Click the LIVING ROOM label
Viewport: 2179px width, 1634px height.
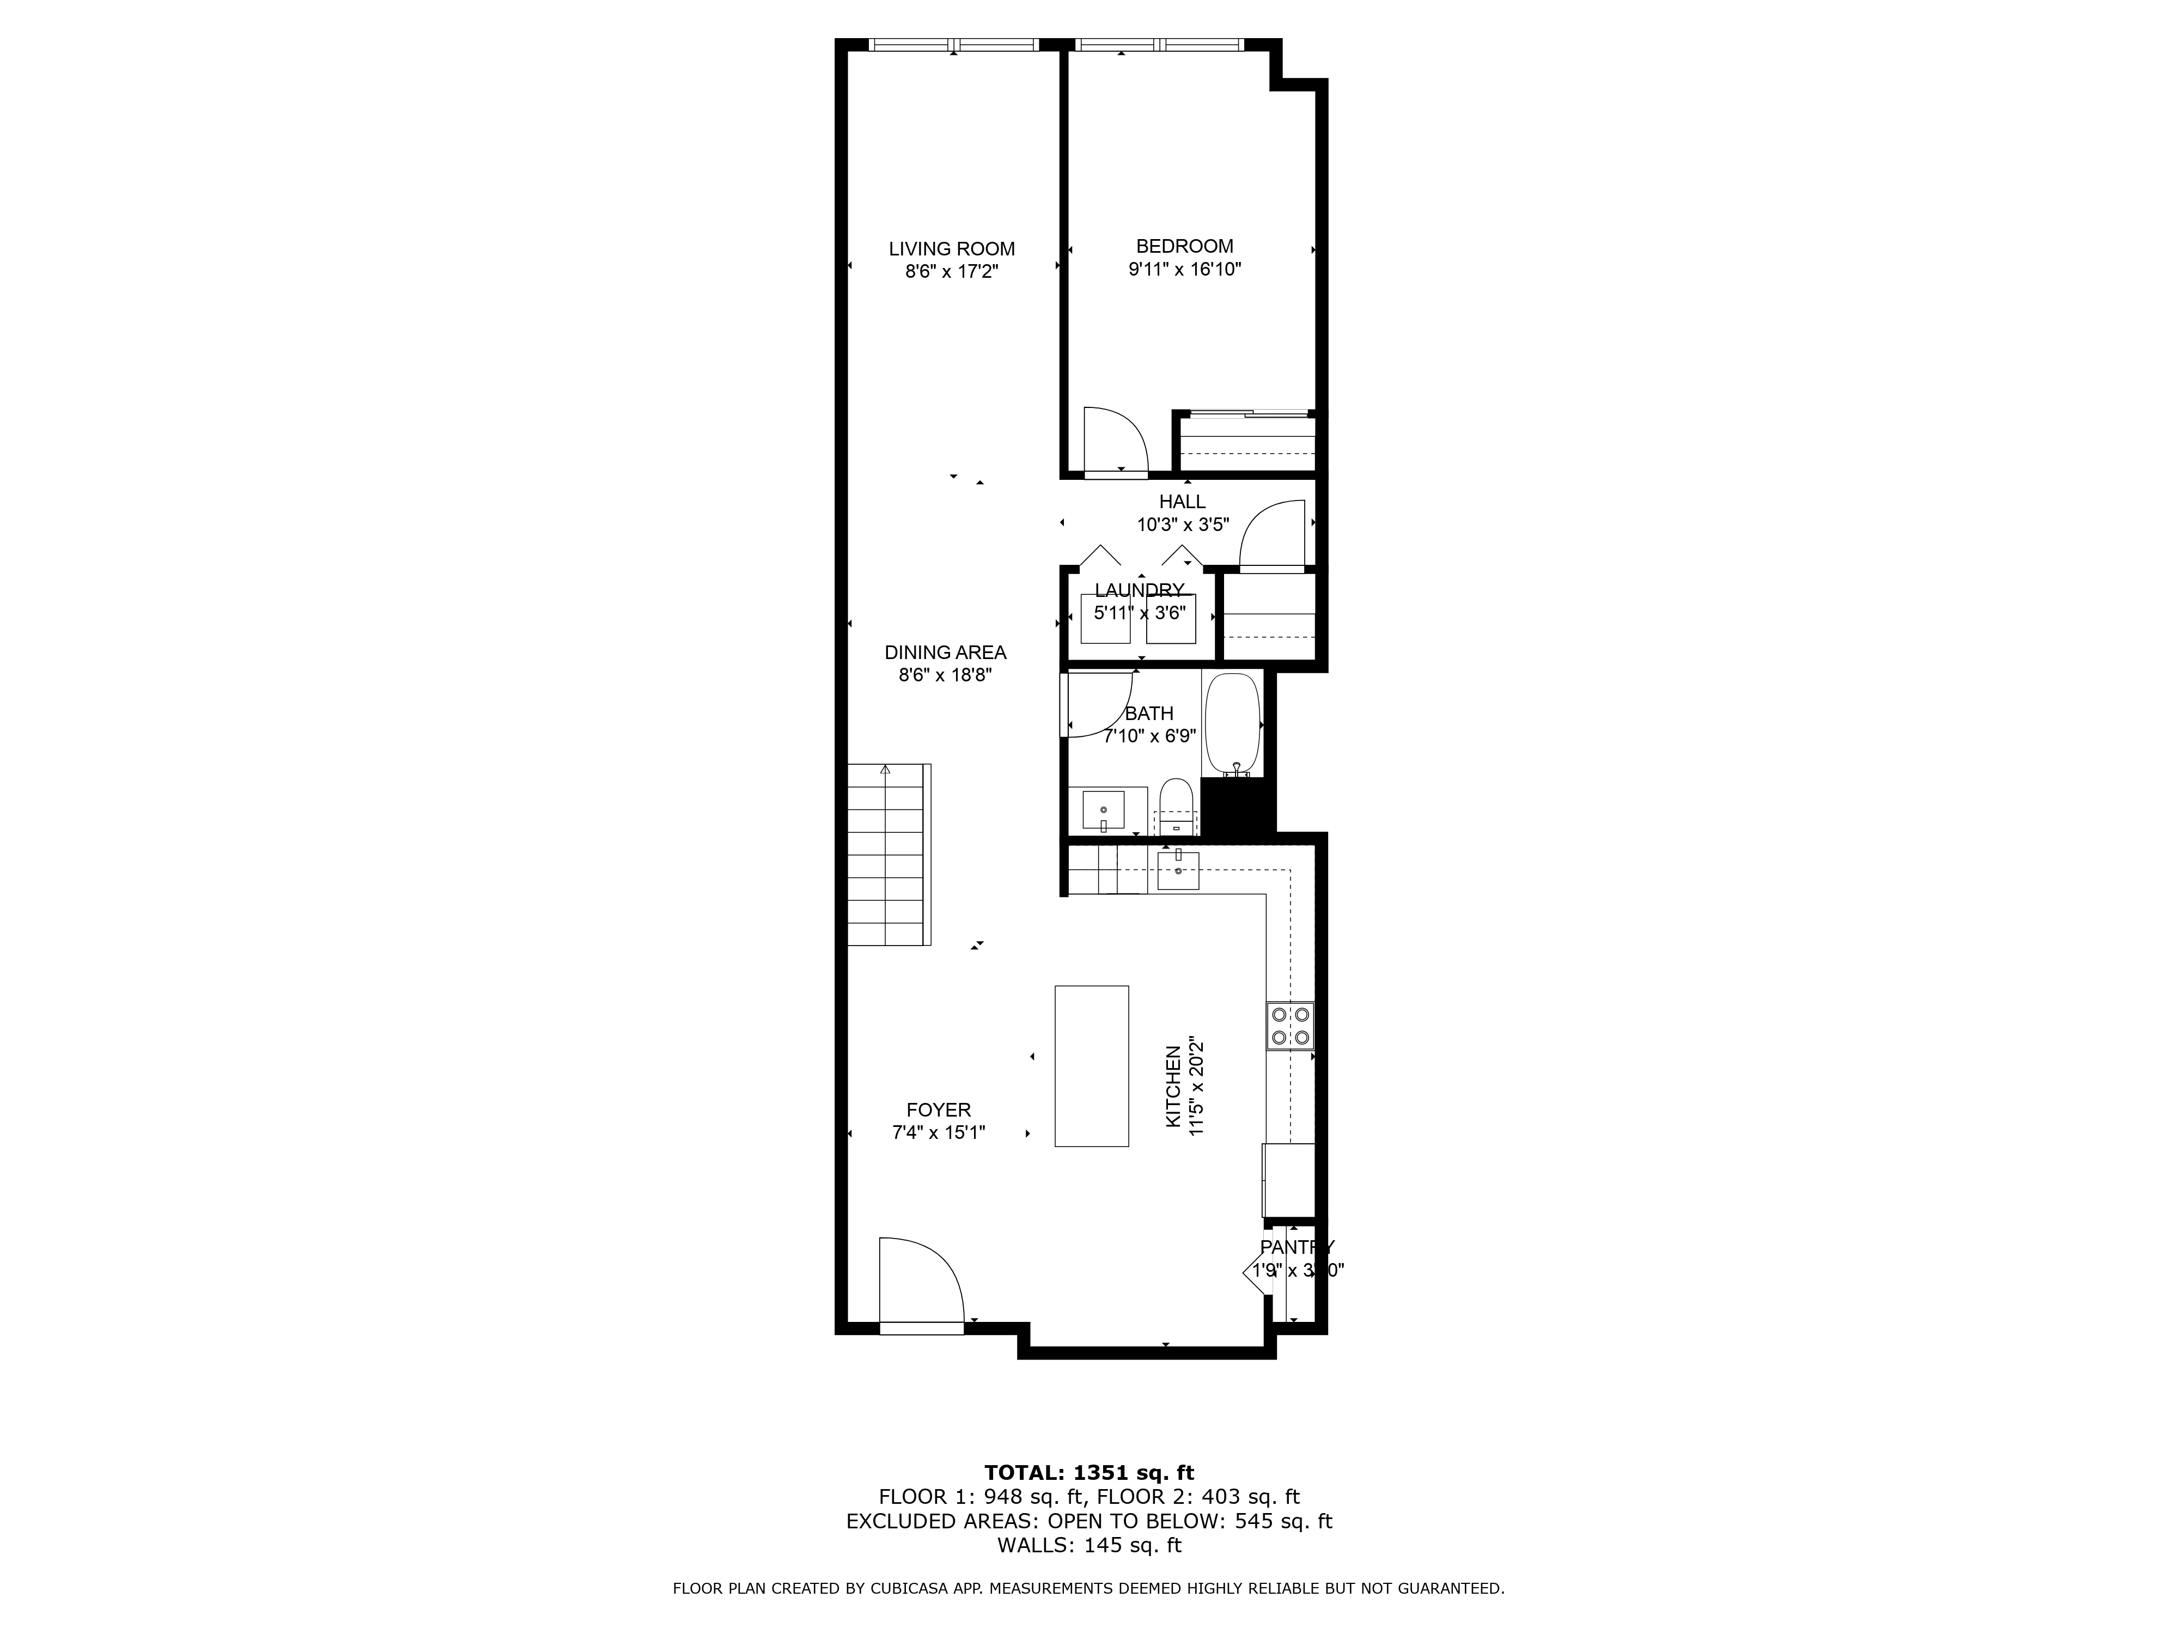pyautogui.click(x=952, y=249)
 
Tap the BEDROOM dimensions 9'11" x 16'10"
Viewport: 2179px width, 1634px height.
pyautogui.click(x=1184, y=269)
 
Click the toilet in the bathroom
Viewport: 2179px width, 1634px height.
pyautogui.click(x=1175, y=806)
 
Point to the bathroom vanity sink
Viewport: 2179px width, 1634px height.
pyautogui.click(x=1103, y=809)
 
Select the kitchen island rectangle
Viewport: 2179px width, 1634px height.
pyautogui.click(x=1092, y=1066)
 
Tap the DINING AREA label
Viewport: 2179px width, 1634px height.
pyautogui.click(x=945, y=652)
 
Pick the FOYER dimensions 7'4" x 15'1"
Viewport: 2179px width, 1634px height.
pyautogui.click(x=938, y=1133)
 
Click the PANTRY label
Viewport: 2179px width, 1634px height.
pyautogui.click(x=1297, y=1247)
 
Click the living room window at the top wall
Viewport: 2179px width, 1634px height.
pyautogui.click(x=953, y=44)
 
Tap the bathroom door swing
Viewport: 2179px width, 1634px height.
pyautogui.click(x=1098, y=703)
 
